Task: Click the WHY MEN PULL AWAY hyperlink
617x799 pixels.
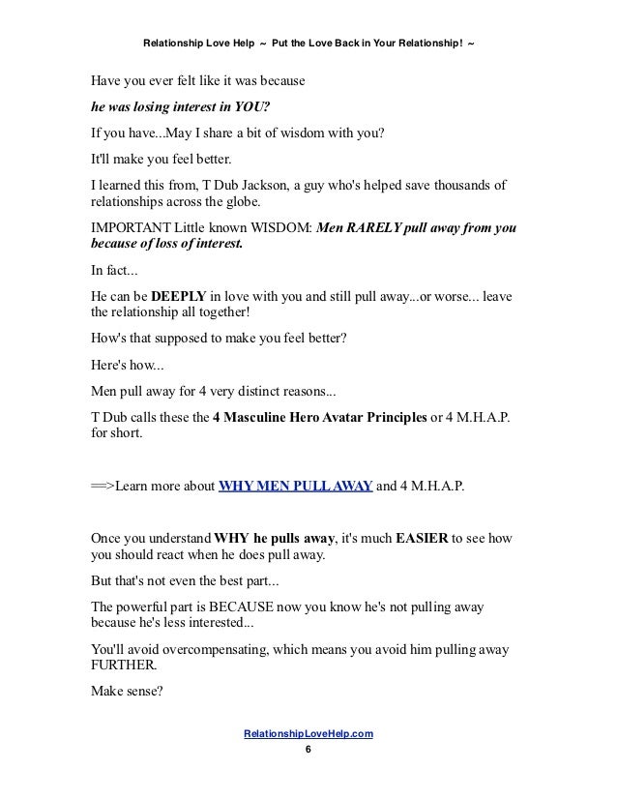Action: point(295,486)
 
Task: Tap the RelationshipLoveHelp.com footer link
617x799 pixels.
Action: point(309,735)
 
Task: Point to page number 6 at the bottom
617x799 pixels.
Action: point(308,752)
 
